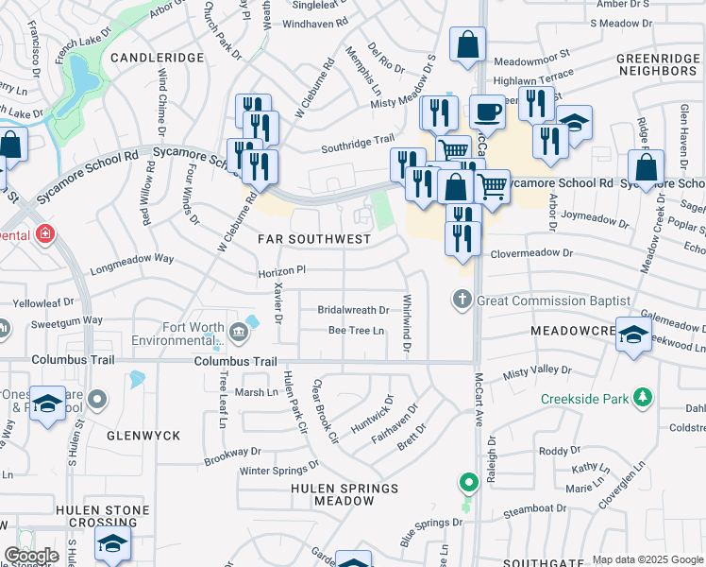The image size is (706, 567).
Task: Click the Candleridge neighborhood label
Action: (158, 58)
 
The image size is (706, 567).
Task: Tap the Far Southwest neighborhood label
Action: (315, 239)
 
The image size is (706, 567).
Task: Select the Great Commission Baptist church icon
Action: (462, 301)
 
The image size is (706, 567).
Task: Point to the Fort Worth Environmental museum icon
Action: (238, 331)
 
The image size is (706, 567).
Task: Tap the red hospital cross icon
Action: (43, 233)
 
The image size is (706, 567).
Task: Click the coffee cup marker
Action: (486, 112)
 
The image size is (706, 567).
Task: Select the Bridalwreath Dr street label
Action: (353, 309)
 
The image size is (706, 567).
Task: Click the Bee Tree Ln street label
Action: (356, 331)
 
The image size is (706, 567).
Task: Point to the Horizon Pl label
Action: (282, 269)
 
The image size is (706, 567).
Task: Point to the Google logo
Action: (31, 556)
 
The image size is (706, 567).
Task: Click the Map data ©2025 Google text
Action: (647, 559)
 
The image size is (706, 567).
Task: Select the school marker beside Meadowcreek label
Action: (633, 335)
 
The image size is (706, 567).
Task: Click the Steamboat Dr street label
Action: (534, 509)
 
